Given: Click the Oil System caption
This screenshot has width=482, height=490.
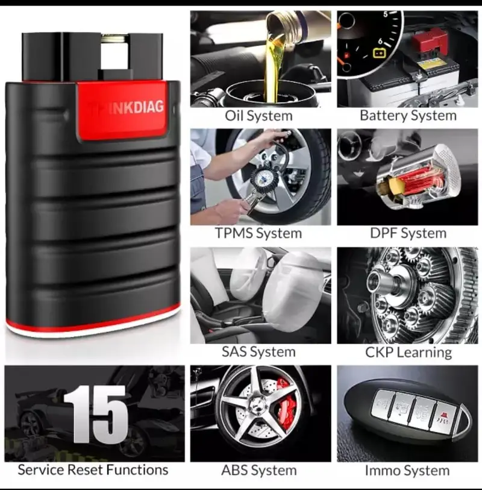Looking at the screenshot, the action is tap(258, 116).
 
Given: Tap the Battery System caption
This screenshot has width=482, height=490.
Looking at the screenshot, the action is tap(408, 116).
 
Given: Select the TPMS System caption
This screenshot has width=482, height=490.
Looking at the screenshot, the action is tap(258, 233).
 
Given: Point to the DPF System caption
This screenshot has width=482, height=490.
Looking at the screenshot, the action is tap(408, 233).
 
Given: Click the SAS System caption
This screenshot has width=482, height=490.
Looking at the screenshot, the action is tap(258, 352).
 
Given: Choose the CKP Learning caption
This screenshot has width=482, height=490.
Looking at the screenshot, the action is tap(408, 353).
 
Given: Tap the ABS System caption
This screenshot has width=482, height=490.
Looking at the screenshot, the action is tap(259, 470).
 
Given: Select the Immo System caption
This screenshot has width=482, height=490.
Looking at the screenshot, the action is tap(407, 470).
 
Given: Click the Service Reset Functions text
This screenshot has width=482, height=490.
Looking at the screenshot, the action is tap(93, 470).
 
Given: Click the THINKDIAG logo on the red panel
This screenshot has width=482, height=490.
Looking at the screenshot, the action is tap(127, 108).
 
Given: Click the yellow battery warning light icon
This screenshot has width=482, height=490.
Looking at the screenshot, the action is tap(379, 53).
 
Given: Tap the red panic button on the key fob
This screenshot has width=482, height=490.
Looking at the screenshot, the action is tap(443, 416).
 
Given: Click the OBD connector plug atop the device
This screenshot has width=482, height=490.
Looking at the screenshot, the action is tap(92, 56).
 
